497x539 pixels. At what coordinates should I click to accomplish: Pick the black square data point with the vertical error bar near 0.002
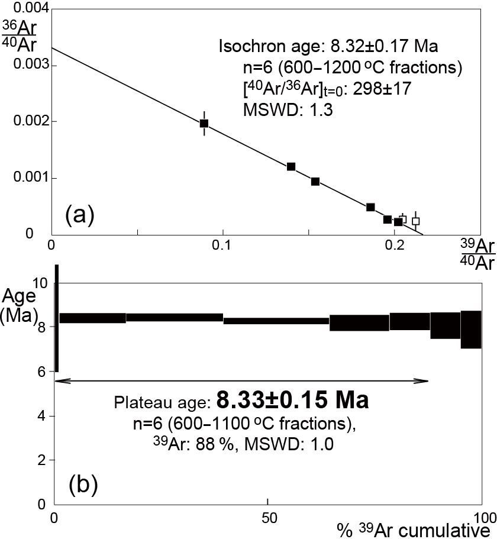click(204, 123)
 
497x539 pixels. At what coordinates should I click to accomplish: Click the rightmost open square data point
click(415, 221)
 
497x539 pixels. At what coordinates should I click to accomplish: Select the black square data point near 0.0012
click(291, 167)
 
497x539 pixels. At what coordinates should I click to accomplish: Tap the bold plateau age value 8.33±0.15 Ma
click(293, 401)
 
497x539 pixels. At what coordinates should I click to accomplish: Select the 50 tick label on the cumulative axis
click(268, 515)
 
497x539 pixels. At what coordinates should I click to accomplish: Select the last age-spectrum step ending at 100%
click(471, 329)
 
